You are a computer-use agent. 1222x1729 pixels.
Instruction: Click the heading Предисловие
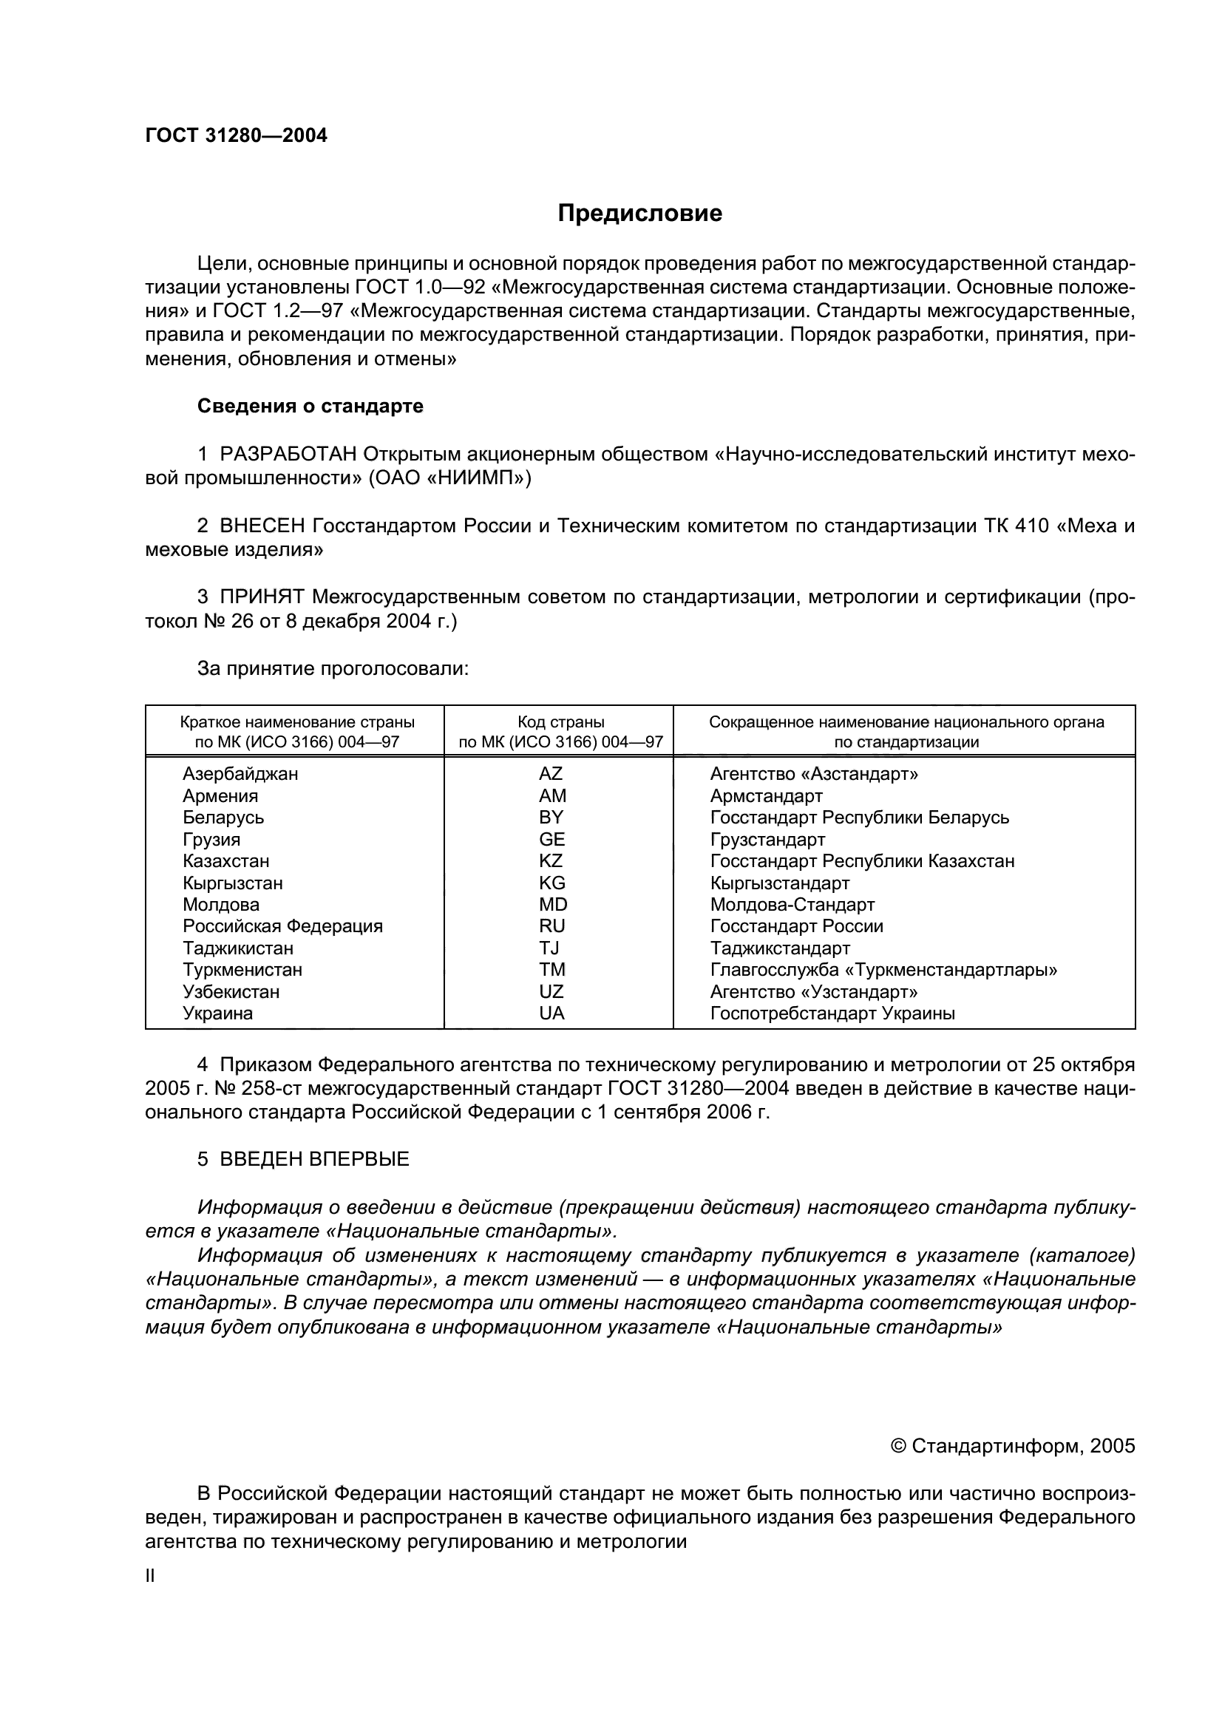[639, 214]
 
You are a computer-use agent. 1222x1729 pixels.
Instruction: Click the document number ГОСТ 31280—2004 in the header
[236, 135]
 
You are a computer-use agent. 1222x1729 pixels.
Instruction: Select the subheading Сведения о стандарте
[310, 407]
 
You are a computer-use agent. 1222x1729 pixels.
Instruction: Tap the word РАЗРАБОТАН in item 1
[288, 454]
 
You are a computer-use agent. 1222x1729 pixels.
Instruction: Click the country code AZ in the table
[551, 774]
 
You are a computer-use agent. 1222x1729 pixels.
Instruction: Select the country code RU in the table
[551, 926]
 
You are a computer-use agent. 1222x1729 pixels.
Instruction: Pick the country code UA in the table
[551, 1013]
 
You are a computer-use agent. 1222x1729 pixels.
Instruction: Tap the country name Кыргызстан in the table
[233, 883]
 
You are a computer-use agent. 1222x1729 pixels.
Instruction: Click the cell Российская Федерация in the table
[282, 926]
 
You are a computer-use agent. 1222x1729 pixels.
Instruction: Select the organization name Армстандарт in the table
[766, 796]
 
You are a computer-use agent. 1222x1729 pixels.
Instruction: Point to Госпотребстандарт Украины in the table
[832, 1013]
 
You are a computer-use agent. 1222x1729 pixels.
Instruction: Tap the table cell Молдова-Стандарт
[792, 904]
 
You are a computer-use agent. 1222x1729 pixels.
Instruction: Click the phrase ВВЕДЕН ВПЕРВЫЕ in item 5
[314, 1159]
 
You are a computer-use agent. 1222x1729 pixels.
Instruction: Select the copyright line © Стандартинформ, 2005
[1012, 1446]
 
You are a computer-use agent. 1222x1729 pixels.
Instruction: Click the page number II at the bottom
[150, 1575]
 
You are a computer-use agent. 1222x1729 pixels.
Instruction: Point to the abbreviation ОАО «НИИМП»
[449, 478]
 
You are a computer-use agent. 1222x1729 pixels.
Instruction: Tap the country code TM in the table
[551, 970]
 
